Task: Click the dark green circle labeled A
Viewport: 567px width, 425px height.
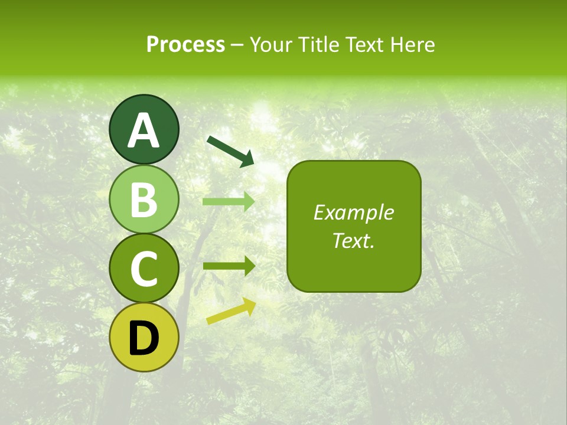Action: coord(144,129)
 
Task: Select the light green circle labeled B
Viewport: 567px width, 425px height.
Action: coord(144,199)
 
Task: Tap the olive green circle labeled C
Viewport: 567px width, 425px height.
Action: coord(144,269)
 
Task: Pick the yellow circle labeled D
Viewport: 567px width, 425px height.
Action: coord(144,338)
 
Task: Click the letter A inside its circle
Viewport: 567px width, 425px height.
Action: coord(144,130)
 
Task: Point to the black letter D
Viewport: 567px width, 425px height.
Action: coord(144,339)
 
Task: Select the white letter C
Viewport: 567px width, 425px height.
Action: coord(144,269)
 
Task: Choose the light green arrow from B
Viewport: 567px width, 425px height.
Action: coord(228,202)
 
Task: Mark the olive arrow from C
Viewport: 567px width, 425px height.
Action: coord(228,266)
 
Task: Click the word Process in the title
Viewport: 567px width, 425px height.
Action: coord(185,45)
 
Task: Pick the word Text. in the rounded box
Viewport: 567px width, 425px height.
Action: coord(353,241)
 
